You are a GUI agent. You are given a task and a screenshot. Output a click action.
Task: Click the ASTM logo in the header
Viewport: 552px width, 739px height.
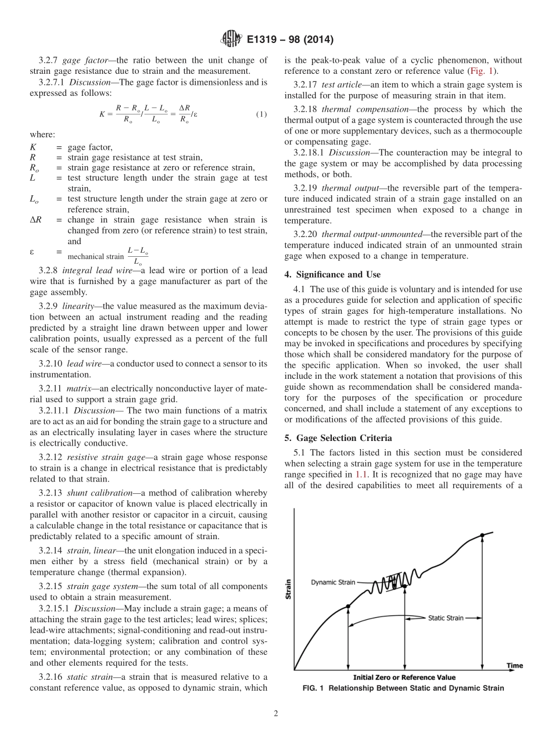coord(231,40)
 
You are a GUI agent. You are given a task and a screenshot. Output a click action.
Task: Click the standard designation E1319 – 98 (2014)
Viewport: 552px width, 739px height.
coord(289,40)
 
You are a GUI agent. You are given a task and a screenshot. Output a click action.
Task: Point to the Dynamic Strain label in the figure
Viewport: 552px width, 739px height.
coord(332,582)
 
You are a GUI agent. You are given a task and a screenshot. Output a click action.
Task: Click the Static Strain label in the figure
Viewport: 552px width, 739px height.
coord(446,618)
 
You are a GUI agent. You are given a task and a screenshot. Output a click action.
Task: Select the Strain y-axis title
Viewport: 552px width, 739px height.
coord(289,589)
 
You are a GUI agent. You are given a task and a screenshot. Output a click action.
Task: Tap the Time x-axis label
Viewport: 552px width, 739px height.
coord(514,665)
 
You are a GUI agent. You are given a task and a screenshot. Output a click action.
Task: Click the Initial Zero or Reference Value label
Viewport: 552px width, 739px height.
coord(404,677)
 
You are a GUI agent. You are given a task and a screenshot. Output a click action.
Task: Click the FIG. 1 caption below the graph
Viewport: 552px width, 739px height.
coord(403,688)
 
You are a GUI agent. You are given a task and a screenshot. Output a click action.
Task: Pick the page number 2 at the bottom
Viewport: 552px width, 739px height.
coord(276,714)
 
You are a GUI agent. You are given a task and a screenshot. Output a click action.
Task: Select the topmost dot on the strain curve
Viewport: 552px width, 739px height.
coord(482,535)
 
